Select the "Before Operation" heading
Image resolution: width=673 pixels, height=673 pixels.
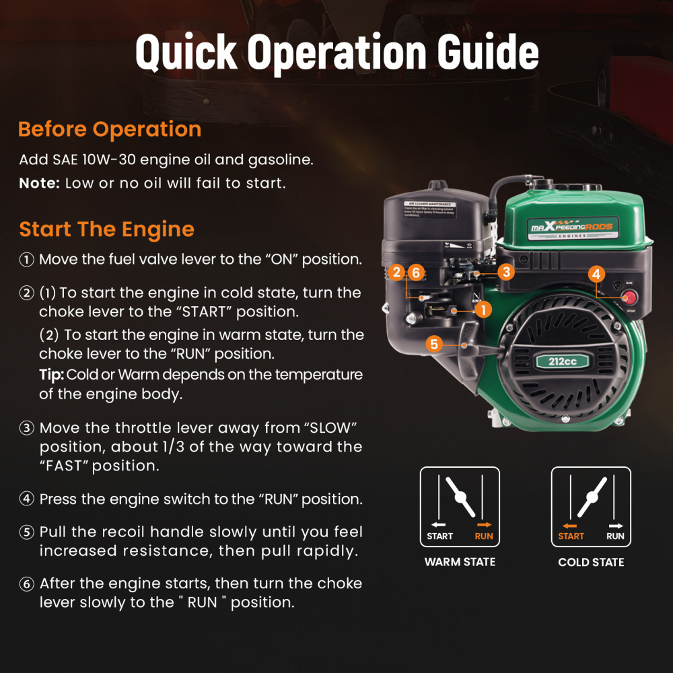point(110,129)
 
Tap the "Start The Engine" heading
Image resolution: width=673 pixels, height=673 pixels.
point(106,229)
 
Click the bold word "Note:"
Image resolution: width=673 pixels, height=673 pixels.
point(40,184)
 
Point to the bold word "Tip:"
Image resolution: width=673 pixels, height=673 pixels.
point(51,375)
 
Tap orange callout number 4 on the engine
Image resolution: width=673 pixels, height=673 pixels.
point(596,274)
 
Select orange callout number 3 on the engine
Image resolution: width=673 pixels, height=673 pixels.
point(506,272)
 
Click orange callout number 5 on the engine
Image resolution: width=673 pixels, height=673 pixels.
point(434,345)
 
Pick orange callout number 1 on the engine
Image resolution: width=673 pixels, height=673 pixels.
point(483,310)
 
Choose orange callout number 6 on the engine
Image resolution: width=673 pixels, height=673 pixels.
point(416,273)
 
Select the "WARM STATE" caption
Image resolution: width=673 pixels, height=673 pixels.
point(460,562)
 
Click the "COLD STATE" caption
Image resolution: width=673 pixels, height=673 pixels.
point(591,562)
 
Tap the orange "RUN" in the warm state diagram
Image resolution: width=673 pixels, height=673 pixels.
point(484,536)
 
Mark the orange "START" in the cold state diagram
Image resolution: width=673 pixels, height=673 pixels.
point(571,536)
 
